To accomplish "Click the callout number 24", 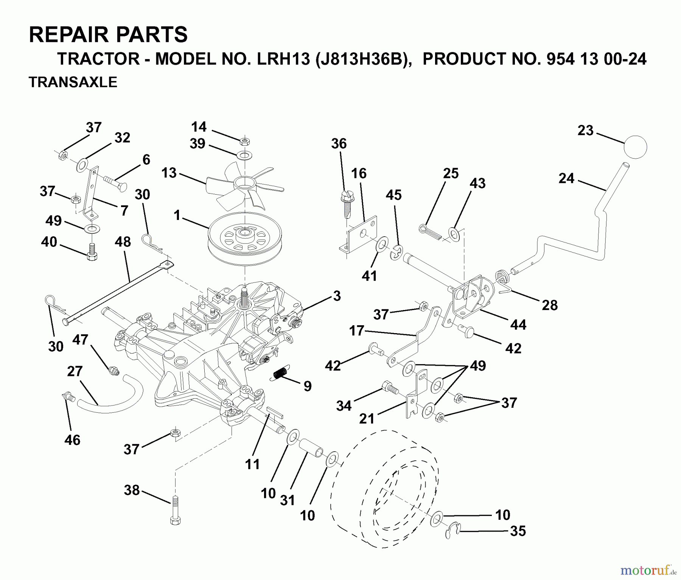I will tap(566, 178).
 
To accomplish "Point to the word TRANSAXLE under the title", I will tap(73, 82).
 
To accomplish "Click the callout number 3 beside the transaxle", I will tap(336, 296).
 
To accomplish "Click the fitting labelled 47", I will tap(113, 370).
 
